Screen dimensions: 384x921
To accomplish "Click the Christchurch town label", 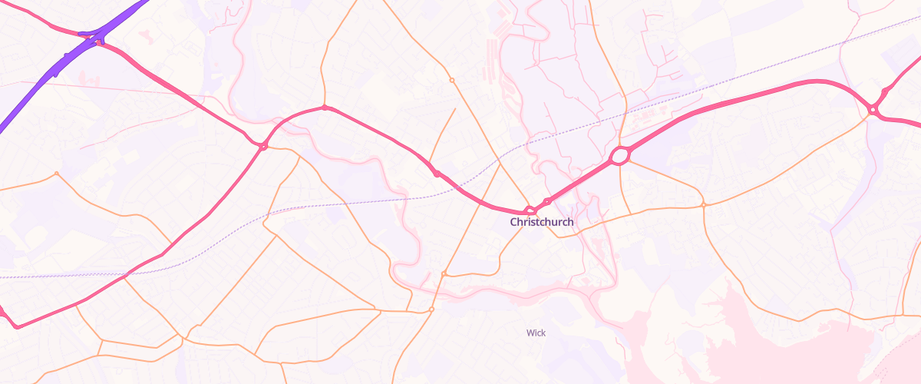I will click(542, 222).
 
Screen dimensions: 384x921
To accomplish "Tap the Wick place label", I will click(536, 333).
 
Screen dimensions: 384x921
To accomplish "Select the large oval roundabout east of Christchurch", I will click(619, 157).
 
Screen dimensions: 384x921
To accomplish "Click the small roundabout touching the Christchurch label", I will click(529, 210).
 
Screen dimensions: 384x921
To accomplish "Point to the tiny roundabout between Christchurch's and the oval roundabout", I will click(546, 202).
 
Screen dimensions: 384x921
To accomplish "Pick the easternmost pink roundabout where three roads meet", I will click(873, 111).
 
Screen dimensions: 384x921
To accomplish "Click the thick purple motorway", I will click(46, 77).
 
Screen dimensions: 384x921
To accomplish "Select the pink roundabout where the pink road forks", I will click(263, 146).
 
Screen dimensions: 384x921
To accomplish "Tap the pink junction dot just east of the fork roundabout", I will click(325, 108).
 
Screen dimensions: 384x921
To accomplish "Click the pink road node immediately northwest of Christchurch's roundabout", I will click(437, 174).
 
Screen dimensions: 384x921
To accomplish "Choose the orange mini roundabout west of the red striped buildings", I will click(452, 80).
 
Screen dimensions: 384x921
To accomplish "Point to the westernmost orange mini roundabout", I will click(56, 174).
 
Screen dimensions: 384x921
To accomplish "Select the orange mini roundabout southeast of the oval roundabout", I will click(703, 204).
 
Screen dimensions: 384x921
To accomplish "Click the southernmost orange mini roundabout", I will click(431, 310).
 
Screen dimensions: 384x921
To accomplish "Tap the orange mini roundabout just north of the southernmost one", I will click(444, 273).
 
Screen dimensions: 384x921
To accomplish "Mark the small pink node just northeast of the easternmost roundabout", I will click(884, 92).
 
